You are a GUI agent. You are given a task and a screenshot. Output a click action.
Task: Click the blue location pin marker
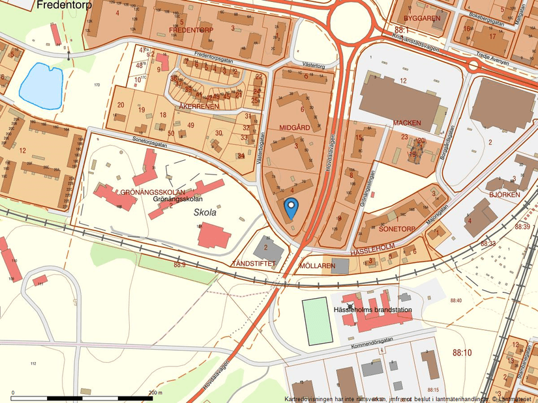click(x=291, y=207)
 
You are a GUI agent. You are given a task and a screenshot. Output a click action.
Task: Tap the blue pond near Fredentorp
click(x=41, y=85)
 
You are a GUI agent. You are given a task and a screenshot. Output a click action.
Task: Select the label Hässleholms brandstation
click(x=372, y=310)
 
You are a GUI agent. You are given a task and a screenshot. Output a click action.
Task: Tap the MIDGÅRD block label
click(x=294, y=128)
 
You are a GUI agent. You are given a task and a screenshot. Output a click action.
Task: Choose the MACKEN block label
click(x=406, y=123)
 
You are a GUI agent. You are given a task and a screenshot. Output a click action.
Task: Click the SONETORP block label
click(x=396, y=230)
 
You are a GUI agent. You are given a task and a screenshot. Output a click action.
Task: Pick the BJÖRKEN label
click(x=504, y=194)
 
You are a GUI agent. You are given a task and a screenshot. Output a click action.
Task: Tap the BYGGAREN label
click(x=422, y=18)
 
